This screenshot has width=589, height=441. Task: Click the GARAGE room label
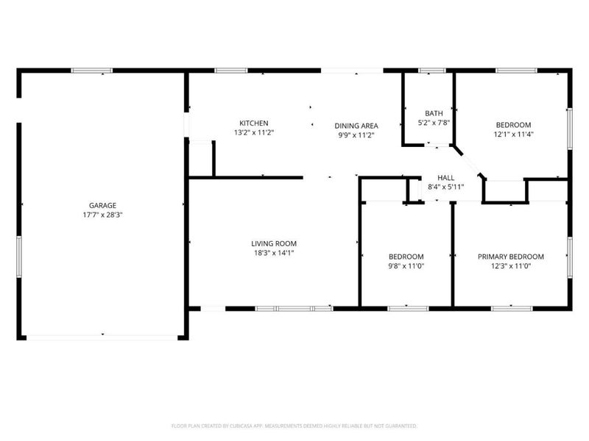pyautogui.click(x=102, y=206)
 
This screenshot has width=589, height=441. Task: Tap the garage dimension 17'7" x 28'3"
pyautogui.click(x=103, y=215)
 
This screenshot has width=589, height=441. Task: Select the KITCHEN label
pyautogui.click(x=254, y=123)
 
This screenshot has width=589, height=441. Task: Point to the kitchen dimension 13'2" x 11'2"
pyautogui.click(x=254, y=132)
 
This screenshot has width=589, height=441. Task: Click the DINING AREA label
pyautogui.click(x=356, y=126)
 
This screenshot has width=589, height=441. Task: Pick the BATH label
pyautogui.click(x=434, y=113)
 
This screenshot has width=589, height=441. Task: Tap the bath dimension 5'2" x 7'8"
pyautogui.click(x=434, y=123)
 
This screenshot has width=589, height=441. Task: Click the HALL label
pyautogui.click(x=446, y=178)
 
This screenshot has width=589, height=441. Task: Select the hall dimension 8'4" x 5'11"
pyautogui.click(x=446, y=187)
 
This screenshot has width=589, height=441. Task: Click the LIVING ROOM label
pyautogui.click(x=274, y=244)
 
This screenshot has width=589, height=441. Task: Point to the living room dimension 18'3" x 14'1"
pyautogui.click(x=274, y=253)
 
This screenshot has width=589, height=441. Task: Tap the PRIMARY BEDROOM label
pyautogui.click(x=511, y=257)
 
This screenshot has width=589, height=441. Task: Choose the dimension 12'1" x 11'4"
pyautogui.click(x=513, y=135)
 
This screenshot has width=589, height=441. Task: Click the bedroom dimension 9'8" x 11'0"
pyautogui.click(x=406, y=266)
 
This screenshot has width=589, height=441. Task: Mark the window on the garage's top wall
pyautogui.click(x=91, y=71)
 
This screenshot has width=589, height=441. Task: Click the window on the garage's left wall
pyautogui.click(x=19, y=257)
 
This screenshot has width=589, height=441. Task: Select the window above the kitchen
pyautogui.click(x=231, y=71)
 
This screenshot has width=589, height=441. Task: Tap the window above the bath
pyautogui.click(x=432, y=71)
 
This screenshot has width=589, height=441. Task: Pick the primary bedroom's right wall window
pyautogui.click(x=570, y=257)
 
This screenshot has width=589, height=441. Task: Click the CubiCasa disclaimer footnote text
pyautogui.click(x=294, y=426)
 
